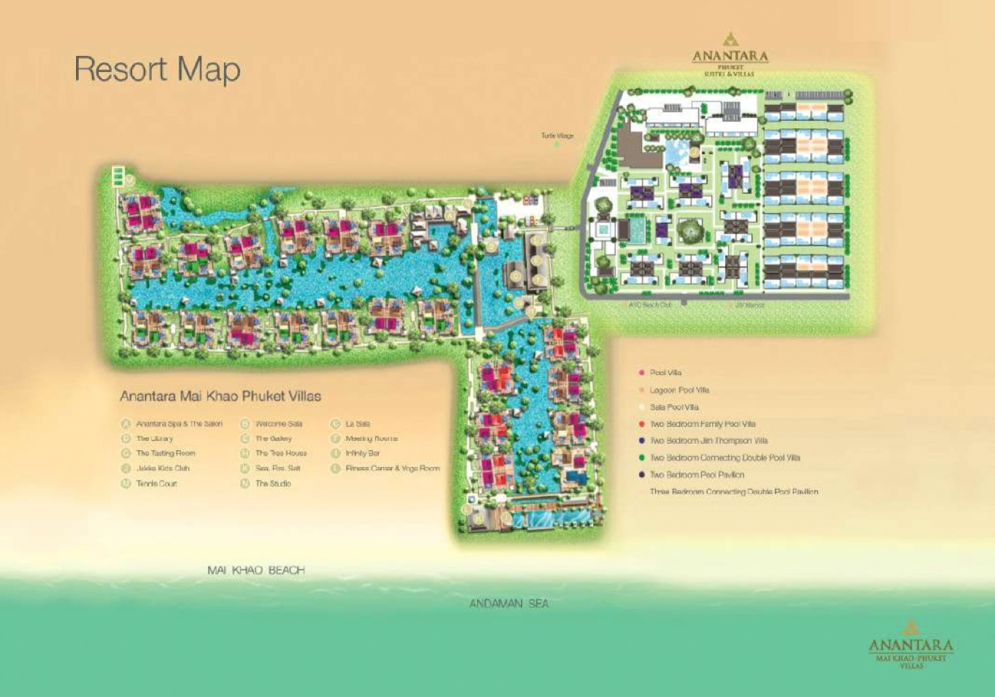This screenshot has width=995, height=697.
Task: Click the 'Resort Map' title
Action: point(157,69)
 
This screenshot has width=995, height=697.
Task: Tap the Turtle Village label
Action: point(557,136)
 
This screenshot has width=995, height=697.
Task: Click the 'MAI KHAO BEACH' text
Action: point(256,570)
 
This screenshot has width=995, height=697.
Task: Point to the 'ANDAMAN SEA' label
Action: point(509,604)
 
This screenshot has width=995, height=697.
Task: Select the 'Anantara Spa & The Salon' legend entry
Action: point(179,424)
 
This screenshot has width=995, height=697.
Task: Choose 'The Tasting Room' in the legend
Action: point(165,453)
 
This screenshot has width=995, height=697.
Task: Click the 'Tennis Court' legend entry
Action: point(156,484)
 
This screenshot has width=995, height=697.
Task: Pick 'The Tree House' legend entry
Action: point(281,453)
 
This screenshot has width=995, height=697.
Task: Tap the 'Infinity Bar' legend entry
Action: point(362,453)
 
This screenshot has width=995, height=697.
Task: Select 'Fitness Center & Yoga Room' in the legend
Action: point(393,468)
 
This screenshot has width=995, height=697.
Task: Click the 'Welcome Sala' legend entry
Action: point(278,424)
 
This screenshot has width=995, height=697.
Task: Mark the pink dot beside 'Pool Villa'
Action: point(642,373)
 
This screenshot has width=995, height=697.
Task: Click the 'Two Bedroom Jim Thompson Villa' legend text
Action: point(708,441)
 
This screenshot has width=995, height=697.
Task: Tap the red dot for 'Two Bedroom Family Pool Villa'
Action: point(642,424)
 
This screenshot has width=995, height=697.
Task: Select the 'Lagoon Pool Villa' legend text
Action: point(679,390)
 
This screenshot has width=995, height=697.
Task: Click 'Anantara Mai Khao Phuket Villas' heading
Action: point(220,396)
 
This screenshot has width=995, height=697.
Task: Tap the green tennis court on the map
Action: point(118,176)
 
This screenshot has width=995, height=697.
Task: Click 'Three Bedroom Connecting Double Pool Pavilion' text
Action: point(734,492)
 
